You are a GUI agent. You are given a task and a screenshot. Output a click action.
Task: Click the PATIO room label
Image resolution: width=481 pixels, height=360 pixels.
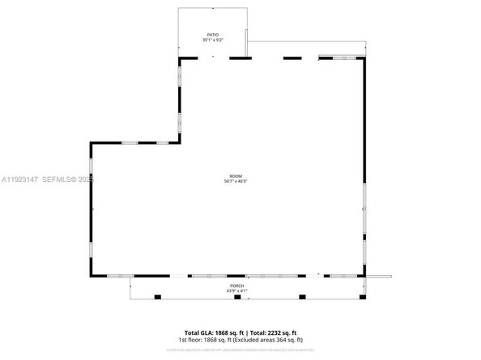coord(213,35)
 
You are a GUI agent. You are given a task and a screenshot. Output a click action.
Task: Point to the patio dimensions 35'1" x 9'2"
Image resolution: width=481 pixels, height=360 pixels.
coord(213,40)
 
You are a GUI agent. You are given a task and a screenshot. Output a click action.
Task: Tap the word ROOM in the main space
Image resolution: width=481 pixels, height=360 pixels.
coord(235,176)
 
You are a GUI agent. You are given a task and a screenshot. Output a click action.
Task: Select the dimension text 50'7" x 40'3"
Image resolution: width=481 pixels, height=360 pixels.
coord(235,181)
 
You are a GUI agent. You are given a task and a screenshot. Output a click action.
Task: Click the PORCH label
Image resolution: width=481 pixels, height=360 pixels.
coord(236,286)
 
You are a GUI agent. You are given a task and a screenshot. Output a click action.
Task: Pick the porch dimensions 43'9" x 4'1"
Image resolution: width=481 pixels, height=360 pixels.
coord(236,290)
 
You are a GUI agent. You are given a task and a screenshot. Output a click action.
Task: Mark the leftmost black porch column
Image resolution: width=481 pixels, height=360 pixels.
coord(158,298)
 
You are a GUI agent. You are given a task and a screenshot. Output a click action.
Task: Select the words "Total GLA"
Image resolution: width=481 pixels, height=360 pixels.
coord(197,332)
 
